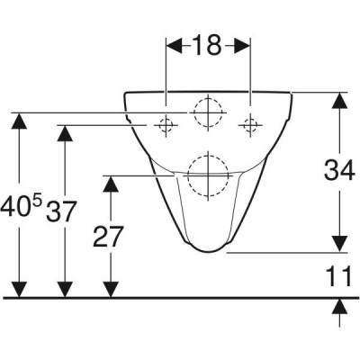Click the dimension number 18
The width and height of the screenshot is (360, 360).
207,45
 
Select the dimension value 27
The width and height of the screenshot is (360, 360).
108,237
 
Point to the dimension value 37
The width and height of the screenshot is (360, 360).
60,211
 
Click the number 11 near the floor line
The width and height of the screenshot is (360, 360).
338,276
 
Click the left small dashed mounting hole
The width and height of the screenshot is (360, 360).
166,125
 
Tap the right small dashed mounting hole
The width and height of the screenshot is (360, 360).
250,125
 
